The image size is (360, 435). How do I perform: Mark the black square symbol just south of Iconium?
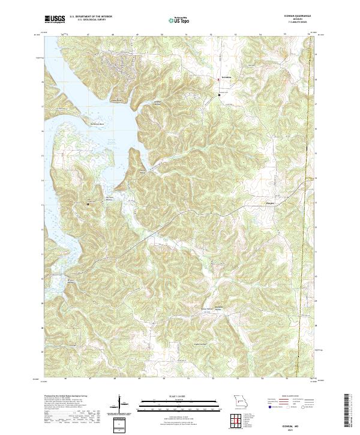pos(219,95)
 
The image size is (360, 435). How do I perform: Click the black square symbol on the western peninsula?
pos(89,204)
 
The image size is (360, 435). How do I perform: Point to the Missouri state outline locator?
pos(239,401)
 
